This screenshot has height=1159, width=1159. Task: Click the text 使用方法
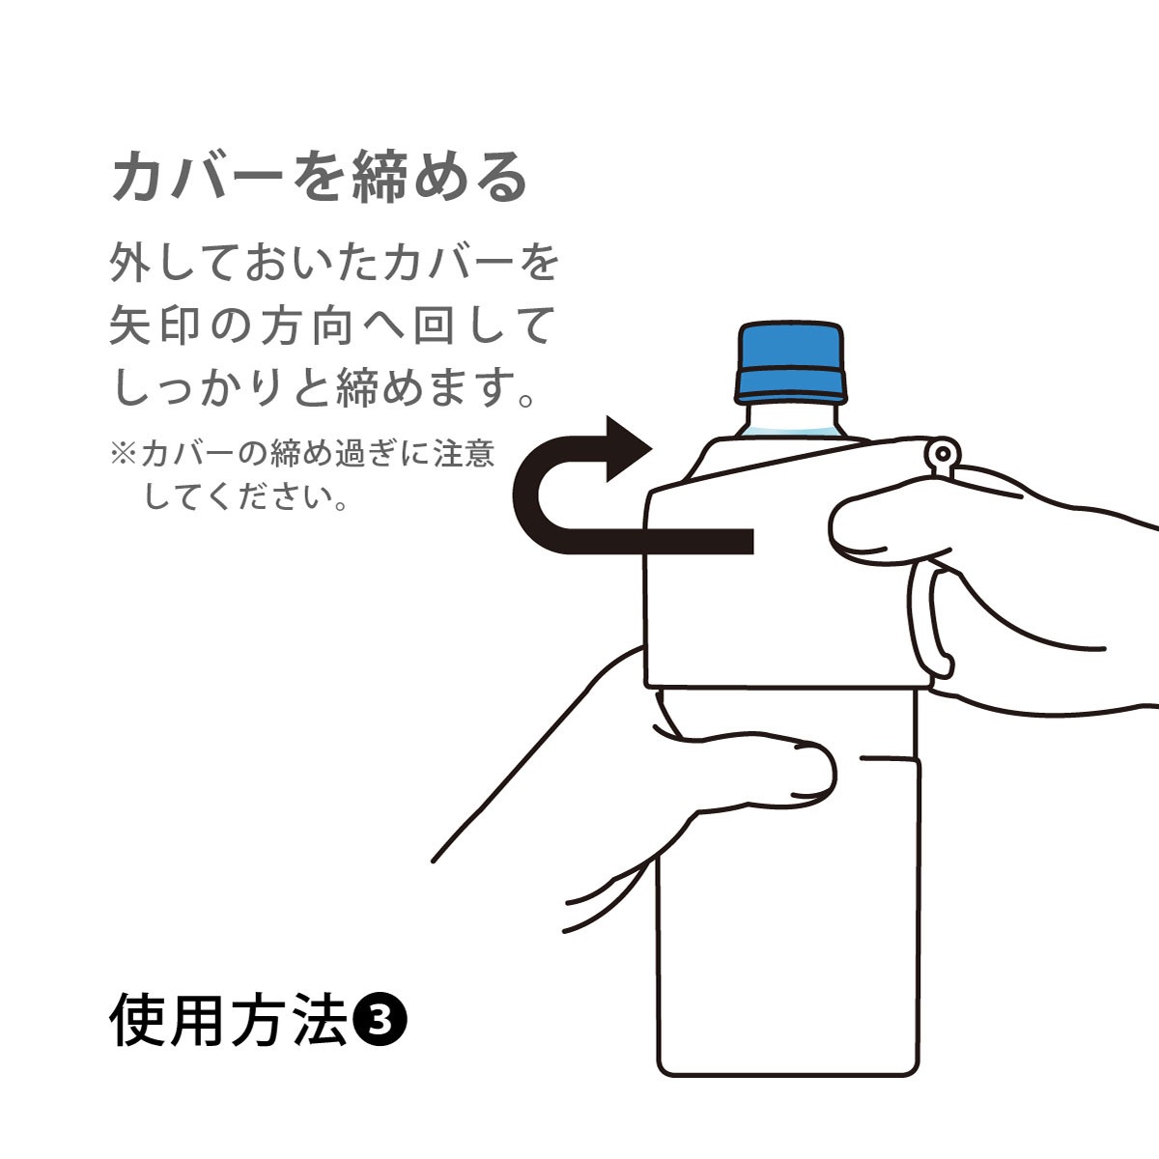(229, 1020)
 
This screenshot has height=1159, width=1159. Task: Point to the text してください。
(246, 498)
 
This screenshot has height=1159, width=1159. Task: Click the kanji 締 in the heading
(380, 176)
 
